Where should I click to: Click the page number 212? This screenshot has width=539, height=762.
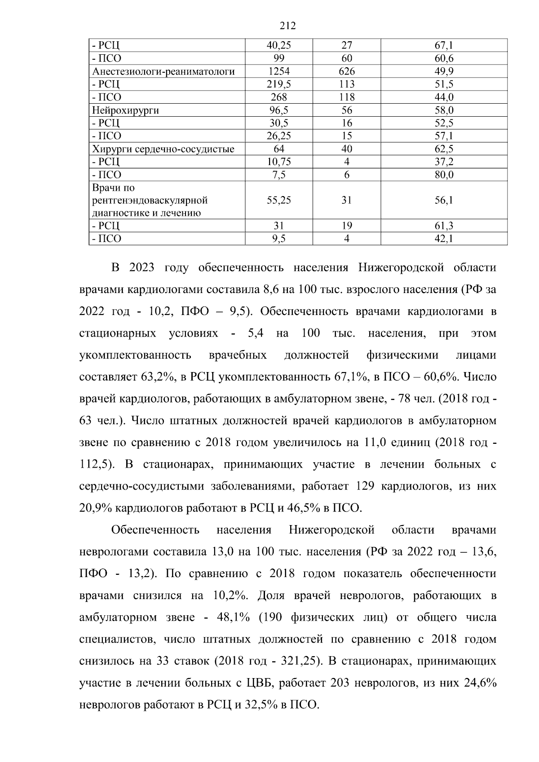coord(287,26)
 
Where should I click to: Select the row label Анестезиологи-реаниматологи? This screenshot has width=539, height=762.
coord(163,71)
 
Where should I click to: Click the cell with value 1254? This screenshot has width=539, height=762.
coord(278,71)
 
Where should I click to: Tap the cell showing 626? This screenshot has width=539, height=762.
coord(346,71)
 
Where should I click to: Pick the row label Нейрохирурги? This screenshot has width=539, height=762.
coord(126,110)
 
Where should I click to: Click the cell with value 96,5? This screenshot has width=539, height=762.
coord(278,110)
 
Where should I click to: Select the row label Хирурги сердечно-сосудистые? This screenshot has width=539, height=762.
coord(163,149)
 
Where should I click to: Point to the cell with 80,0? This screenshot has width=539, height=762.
coord(444,175)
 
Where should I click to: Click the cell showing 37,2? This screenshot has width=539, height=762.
coord(444,162)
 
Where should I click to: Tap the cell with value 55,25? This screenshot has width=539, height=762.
coord(278,200)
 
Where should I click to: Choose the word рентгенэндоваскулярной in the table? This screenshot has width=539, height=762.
coord(150,200)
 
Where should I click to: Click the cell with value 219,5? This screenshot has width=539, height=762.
coord(278,84)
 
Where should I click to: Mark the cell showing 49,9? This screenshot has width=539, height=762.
coord(444,71)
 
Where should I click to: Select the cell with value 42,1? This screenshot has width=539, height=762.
coord(444,239)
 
